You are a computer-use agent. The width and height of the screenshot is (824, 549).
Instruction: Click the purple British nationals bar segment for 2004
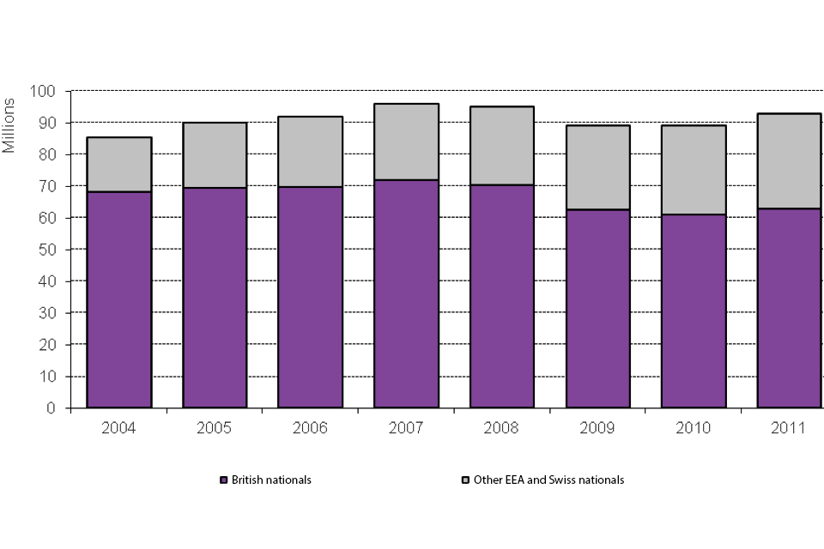(119, 299)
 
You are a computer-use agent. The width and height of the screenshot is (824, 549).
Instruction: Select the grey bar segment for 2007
(406, 142)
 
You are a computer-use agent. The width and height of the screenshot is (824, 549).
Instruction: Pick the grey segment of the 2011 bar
(789, 160)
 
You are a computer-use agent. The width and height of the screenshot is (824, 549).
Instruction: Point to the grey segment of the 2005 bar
(215, 155)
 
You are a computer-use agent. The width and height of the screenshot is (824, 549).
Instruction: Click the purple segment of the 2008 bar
(502, 296)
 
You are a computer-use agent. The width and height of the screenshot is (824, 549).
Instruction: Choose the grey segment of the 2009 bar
(597, 167)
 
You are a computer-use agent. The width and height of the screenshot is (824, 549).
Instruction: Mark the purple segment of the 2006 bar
(311, 297)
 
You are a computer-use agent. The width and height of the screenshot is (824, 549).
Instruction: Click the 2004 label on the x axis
(118, 427)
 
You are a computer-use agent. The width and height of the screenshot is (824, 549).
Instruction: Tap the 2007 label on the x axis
(406, 427)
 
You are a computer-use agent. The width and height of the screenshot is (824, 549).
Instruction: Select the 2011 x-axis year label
(789, 427)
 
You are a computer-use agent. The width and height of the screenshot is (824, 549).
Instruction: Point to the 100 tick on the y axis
(44, 91)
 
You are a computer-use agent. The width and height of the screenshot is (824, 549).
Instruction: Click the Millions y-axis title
(9, 125)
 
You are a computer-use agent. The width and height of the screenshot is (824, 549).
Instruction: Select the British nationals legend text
(271, 480)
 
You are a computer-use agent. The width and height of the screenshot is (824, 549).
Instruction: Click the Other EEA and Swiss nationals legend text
(548, 480)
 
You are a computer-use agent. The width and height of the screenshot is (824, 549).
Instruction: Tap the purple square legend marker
(224, 480)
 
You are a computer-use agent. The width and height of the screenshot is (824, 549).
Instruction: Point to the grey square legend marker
(465, 480)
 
